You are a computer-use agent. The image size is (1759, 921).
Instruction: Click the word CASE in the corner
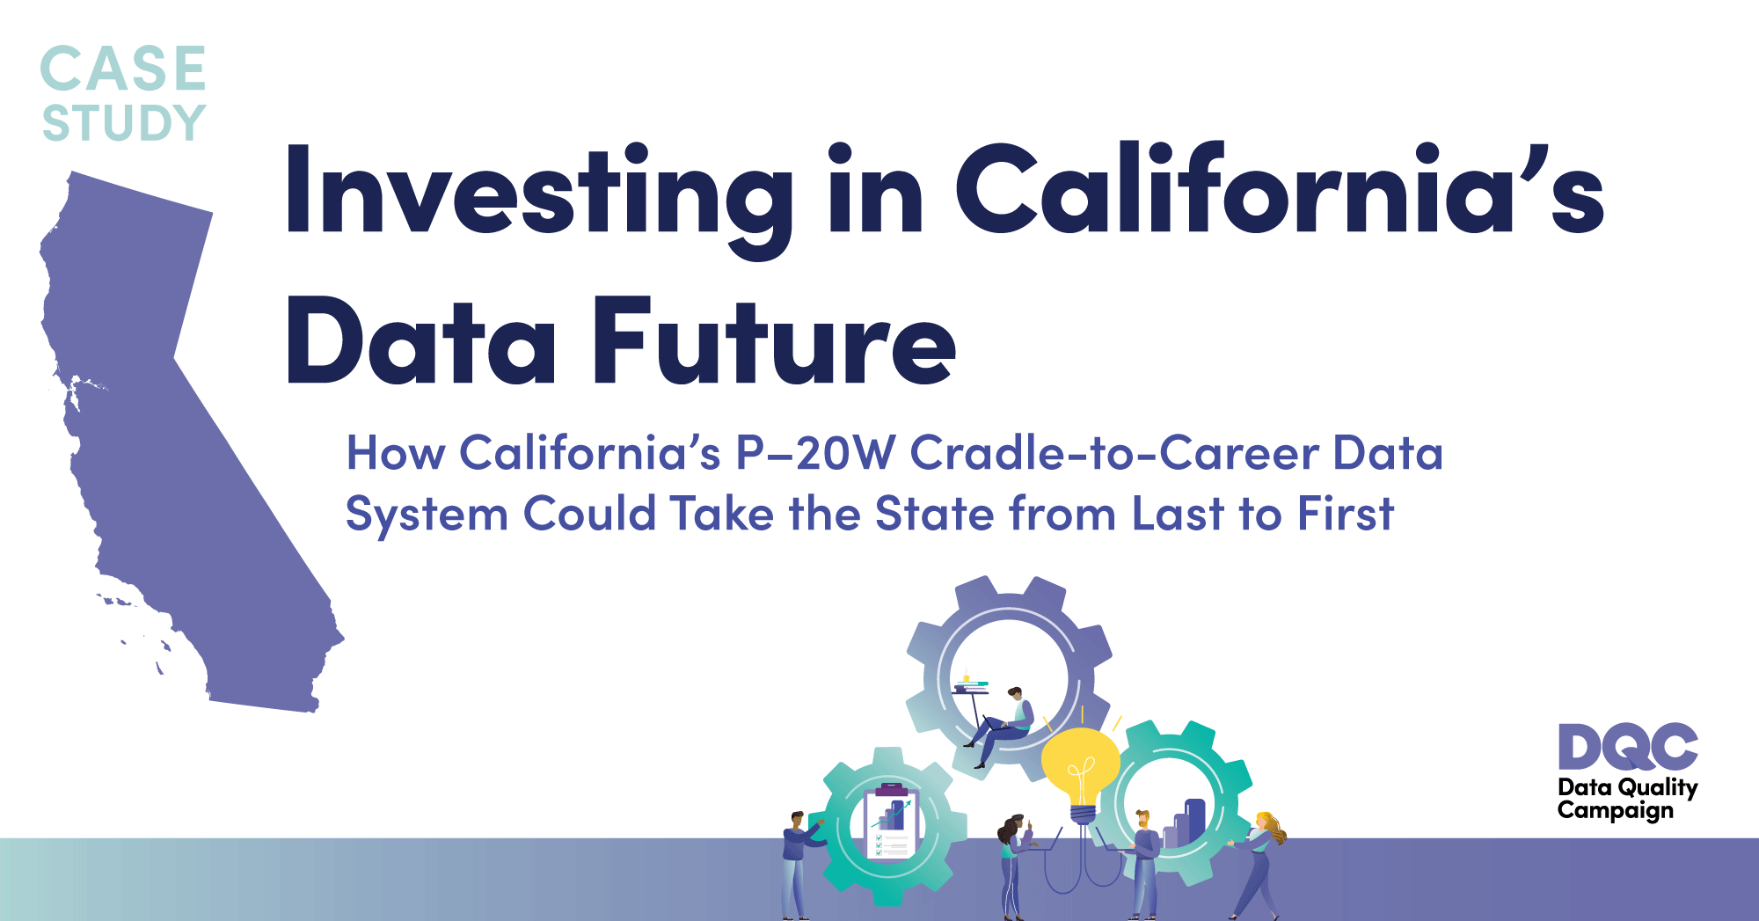tap(123, 69)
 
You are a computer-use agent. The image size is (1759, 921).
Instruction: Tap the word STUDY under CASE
tap(124, 122)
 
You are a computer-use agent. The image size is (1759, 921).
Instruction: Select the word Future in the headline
tap(774, 340)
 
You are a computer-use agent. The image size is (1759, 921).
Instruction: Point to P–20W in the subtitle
tap(814, 453)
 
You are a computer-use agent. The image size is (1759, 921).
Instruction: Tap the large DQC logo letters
tap(1628, 747)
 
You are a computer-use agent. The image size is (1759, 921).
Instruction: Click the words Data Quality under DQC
tap(1627, 787)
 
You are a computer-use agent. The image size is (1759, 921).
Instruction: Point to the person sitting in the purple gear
tap(1003, 727)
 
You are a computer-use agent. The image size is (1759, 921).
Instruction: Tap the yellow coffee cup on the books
tap(967, 678)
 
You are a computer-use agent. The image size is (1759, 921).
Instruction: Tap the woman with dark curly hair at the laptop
tap(1013, 867)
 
